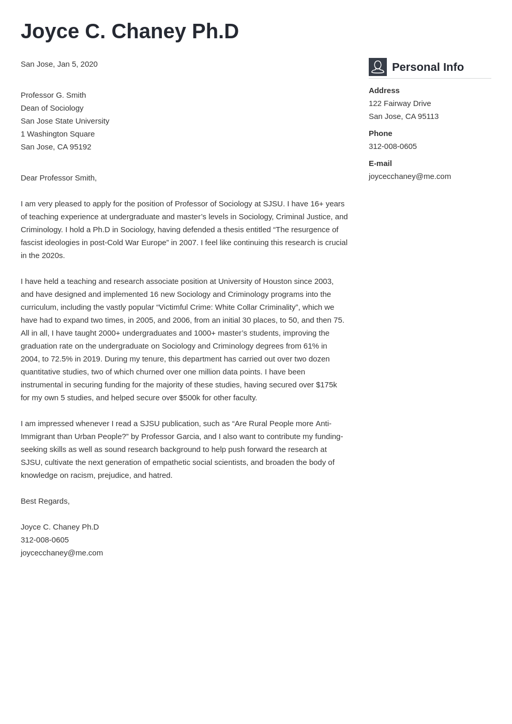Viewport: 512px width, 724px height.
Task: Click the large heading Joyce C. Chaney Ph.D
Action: tap(129, 32)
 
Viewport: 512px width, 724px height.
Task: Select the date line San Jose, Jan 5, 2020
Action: tap(59, 64)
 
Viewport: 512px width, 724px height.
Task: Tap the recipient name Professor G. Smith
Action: tap(53, 95)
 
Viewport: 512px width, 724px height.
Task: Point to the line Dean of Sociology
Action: tap(52, 108)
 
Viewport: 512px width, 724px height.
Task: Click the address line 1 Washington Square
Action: tap(57, 134)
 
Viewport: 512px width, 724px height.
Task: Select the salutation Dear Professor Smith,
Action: tap(58, 178)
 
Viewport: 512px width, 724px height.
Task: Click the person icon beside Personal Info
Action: tap(378, 67)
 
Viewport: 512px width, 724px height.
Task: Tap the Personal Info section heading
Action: tap(428, 67)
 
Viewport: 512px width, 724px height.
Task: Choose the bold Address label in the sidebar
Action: tap(384, 90)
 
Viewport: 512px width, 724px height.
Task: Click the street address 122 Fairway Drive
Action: tap(399, 103)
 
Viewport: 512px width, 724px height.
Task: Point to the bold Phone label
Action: tap(380, 133)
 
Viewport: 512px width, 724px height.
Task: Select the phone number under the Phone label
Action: tap(393, 146)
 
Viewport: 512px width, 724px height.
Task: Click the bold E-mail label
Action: tap(380, 163)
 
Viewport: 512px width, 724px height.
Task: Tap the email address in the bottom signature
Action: tap(62, 553)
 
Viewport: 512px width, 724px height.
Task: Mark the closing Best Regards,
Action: tap(45, 501)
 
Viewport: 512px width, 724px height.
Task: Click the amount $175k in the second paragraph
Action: tap(326, 385)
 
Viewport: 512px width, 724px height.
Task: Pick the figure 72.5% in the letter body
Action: tap(62, 359)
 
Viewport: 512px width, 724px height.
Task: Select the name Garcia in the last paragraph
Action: tap(189, 436)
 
